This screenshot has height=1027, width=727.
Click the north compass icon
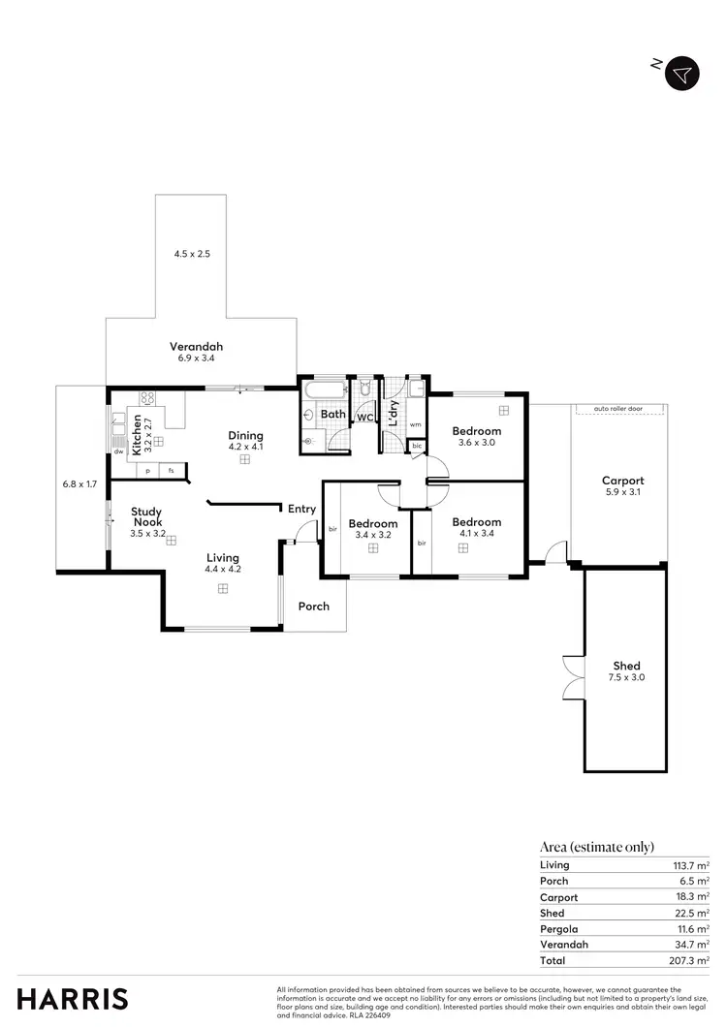coord(681,75)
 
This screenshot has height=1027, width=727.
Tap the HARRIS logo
coord(73,998)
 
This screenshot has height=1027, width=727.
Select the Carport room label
coord(622,481)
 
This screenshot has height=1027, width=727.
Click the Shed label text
coord(626,666)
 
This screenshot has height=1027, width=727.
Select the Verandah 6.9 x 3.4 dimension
coord(195,358)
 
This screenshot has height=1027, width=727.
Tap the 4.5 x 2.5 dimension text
coord(192,253)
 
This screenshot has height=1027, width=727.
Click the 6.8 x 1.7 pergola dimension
coord(79,483)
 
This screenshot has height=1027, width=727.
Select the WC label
coord(365,419)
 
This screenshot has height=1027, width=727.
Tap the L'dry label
coord(394,415)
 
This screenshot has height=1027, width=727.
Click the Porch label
coord(313,607)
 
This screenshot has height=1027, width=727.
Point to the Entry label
coord(301,510)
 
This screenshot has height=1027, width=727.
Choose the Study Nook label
coord(147,516)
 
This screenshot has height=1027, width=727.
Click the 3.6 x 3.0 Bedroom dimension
coord(476,443)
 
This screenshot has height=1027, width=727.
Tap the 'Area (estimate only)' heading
coord(596,846)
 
